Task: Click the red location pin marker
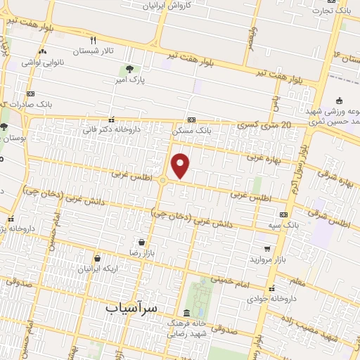pos(181,165)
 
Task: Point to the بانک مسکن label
pos(192,131)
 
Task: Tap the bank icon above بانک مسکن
pos(192,120)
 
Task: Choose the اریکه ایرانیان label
pos(96,269)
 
